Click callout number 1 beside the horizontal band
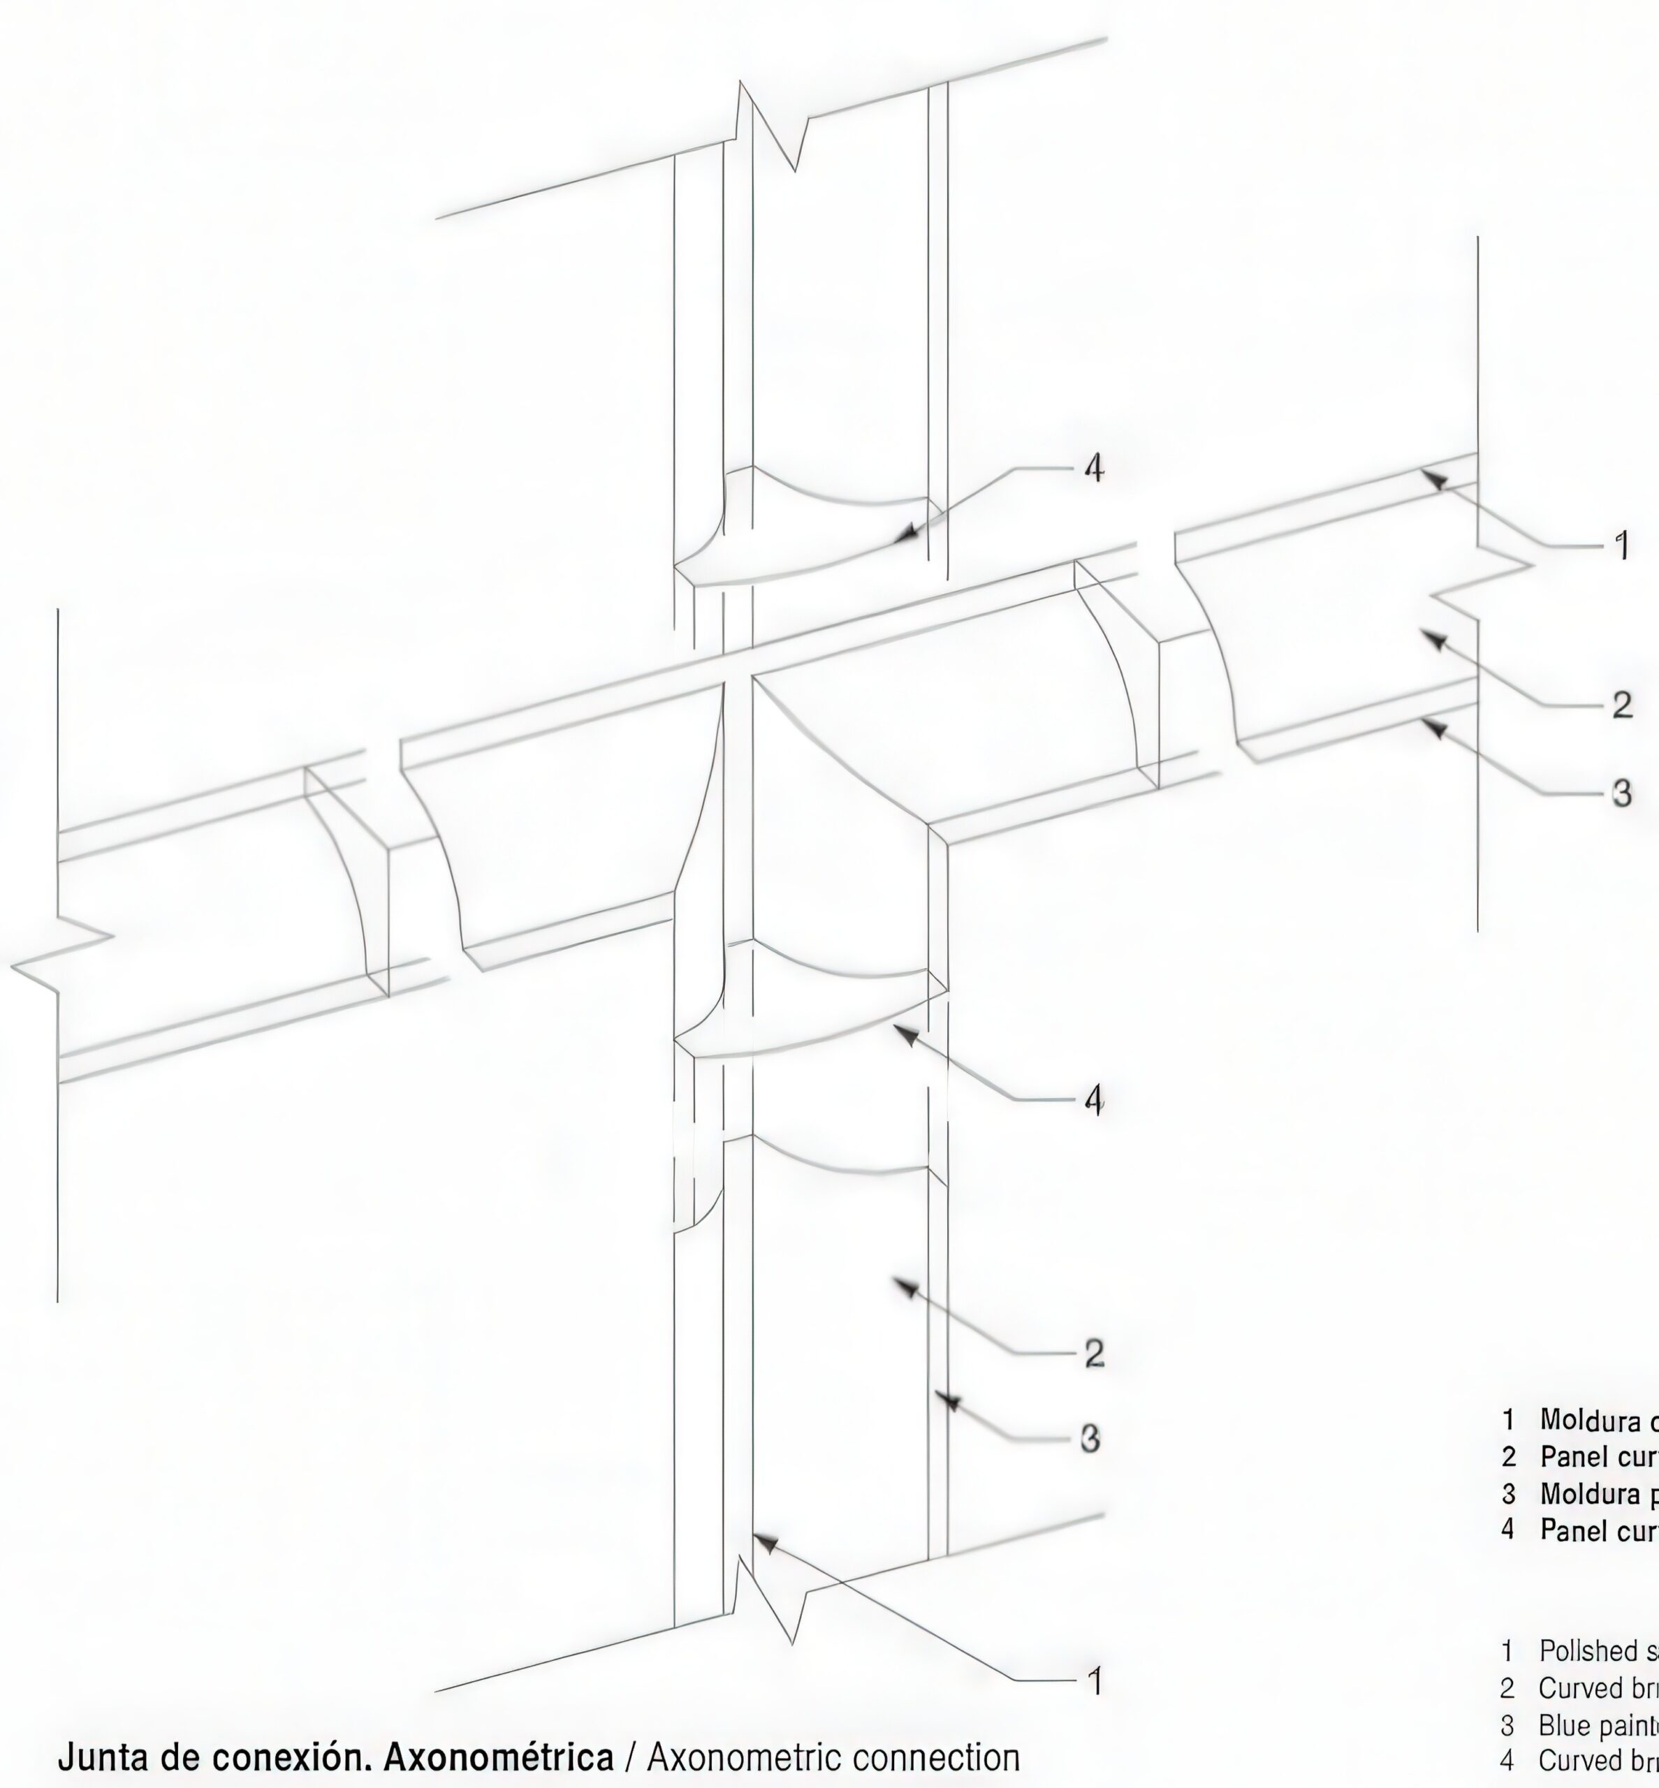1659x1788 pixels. point(1621,545)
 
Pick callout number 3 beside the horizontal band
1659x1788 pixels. point(1621,793)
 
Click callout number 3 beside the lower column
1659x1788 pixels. point(1090,1439)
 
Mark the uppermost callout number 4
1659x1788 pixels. point(1093,468)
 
